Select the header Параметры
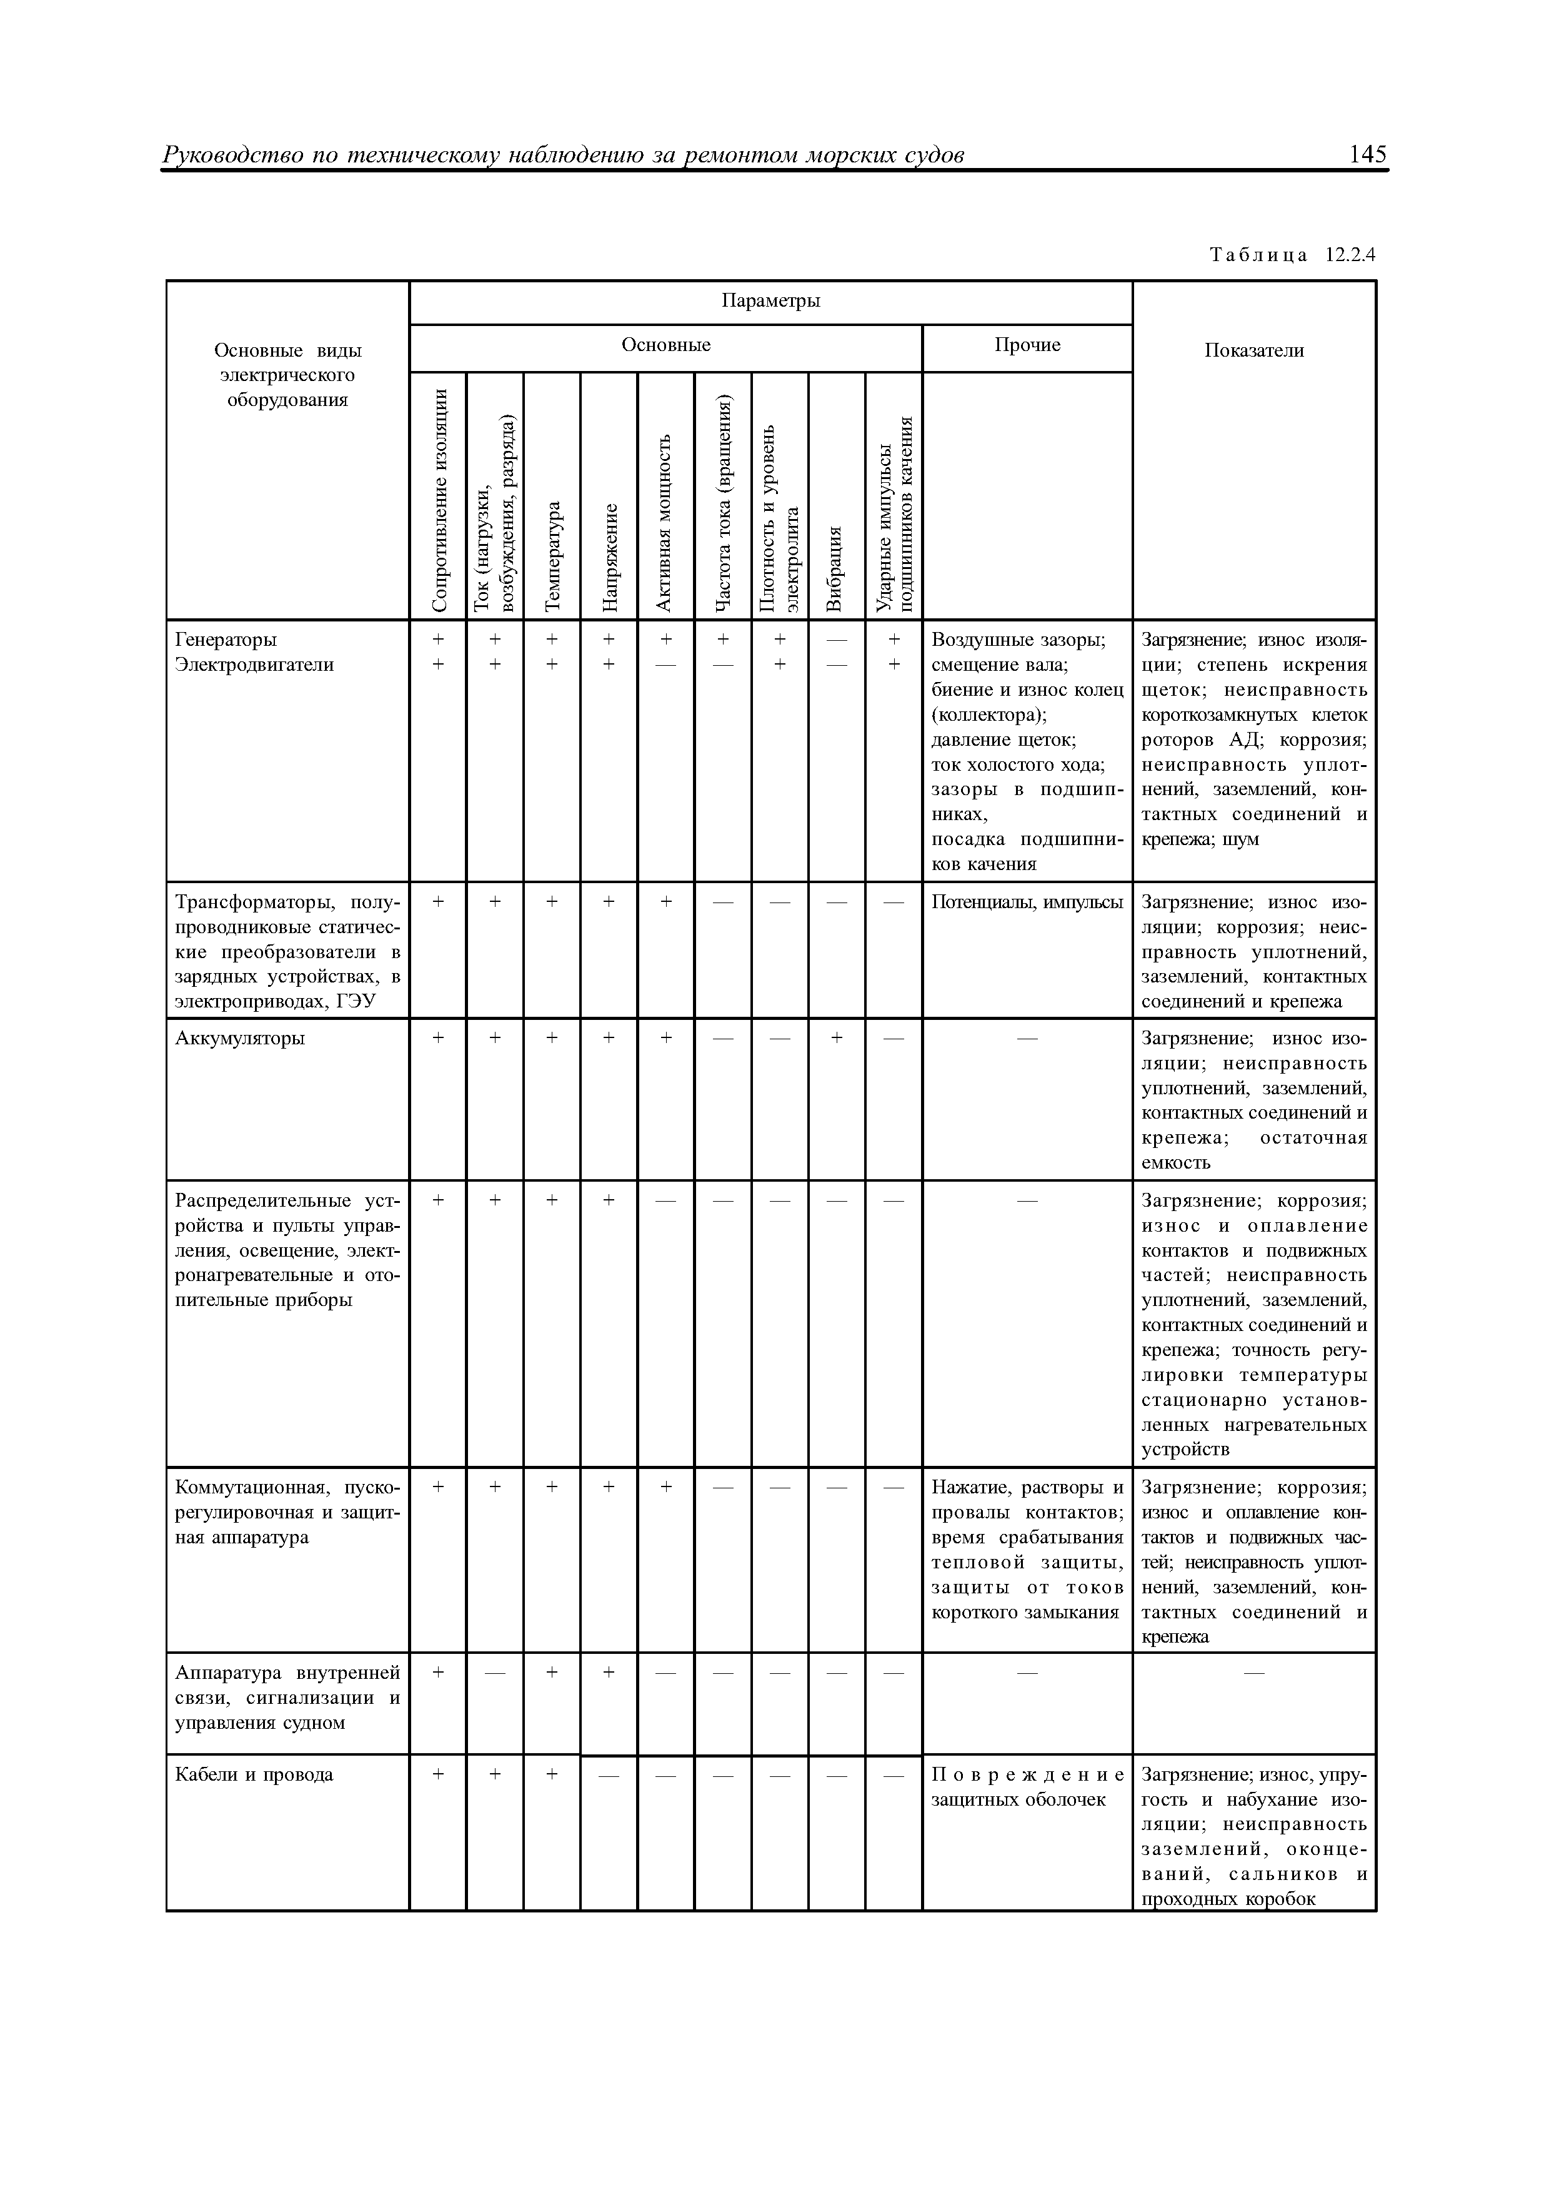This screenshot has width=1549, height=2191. coord(770,300)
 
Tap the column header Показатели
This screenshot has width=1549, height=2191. coord(1253,350)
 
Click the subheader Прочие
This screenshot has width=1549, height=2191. coord(1027,345)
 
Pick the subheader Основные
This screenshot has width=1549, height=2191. coord(665,345)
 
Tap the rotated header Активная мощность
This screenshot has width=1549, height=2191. coord(665,521)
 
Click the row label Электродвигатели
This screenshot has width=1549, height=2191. coord(254,664)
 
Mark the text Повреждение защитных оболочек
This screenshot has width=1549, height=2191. coord(1027,1786)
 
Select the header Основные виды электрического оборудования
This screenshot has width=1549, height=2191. coord(287,375)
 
